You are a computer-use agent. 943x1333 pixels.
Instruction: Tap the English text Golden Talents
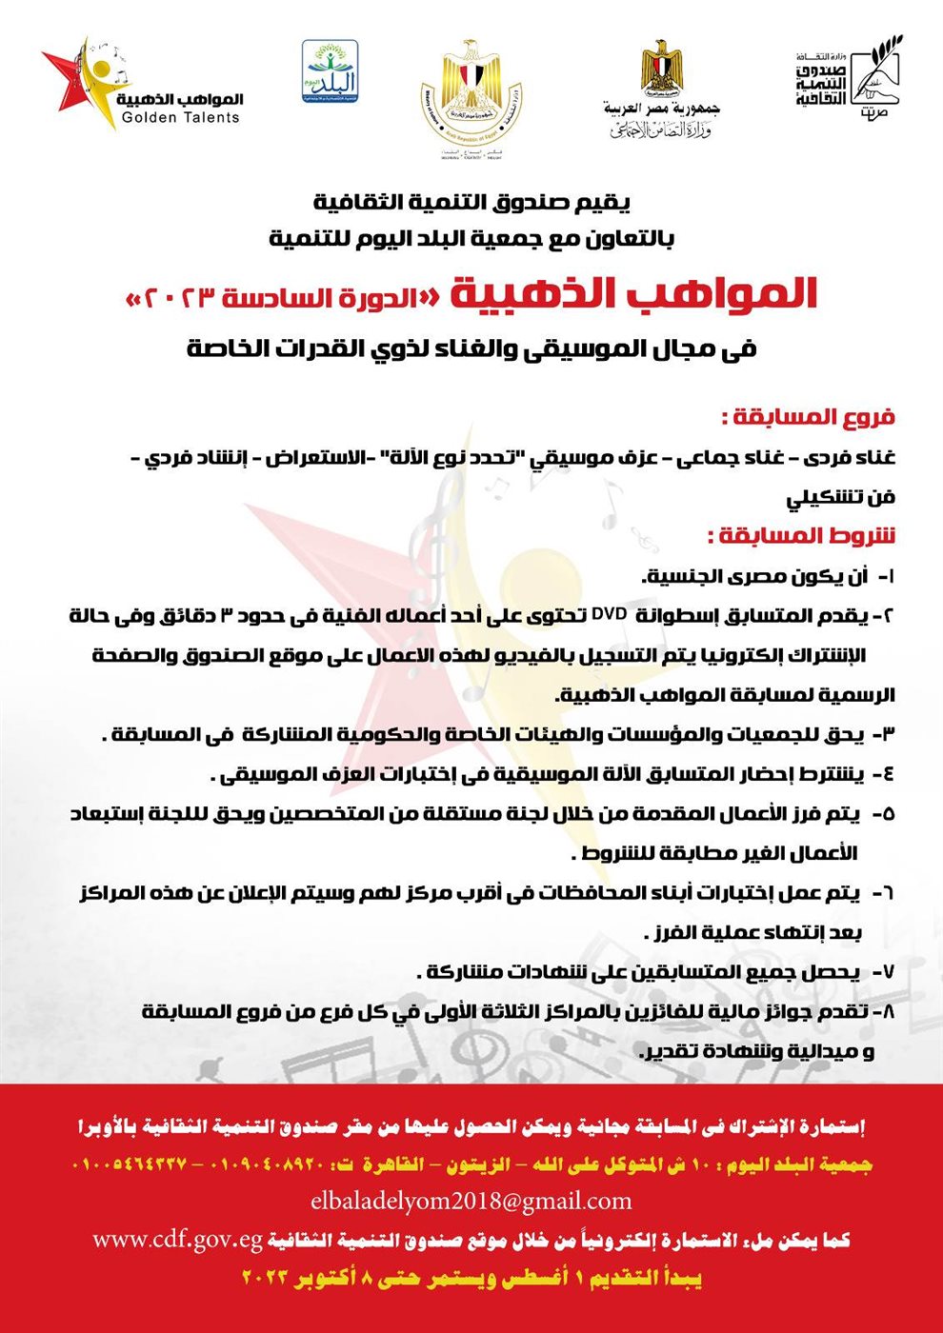[181, 118]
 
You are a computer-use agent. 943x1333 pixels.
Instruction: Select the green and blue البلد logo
[330, 72]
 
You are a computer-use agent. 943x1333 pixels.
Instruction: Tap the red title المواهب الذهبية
[633, 294]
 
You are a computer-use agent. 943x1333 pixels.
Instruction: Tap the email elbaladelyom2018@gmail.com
[471, 1202]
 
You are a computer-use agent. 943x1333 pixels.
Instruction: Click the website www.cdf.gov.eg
[177, 1240]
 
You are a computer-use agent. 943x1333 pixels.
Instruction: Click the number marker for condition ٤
[887, 774]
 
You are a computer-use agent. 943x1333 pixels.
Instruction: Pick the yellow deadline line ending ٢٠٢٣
[471, 1279]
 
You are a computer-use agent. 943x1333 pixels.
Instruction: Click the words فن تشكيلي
[840, 497]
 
